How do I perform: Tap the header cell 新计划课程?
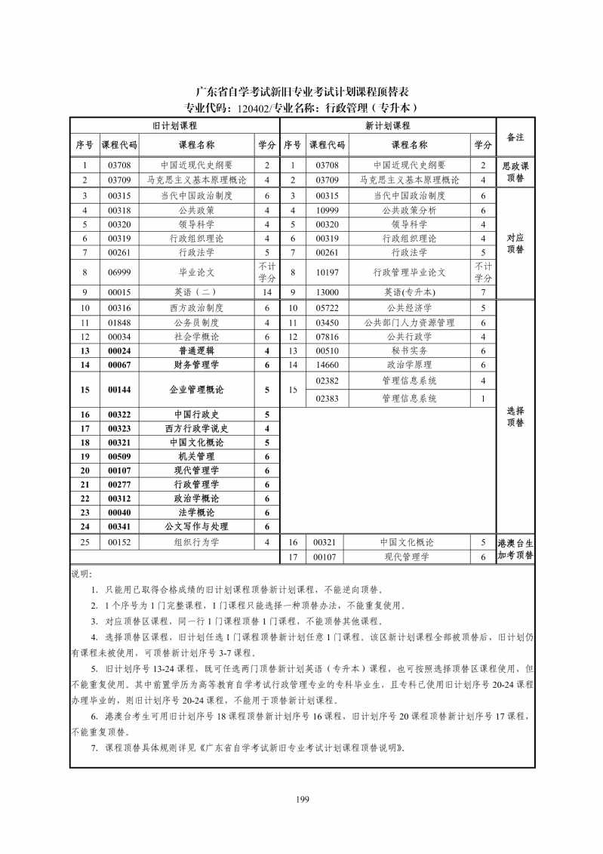pos(387,125)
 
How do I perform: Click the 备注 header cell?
pos(515,137)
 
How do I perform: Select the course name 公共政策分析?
pos(409,210)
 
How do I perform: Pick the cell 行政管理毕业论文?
pos(409,272)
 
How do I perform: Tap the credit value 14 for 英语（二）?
pos(266,291)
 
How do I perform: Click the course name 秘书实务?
pos(409,350)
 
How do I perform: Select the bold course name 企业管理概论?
pos(196,390)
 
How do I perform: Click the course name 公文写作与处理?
pos(196,526)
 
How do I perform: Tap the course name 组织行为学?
pos(196,542)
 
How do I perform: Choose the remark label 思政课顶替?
pos(515,172)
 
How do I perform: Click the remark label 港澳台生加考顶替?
pos(515,549)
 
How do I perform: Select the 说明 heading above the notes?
pos(80,574)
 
